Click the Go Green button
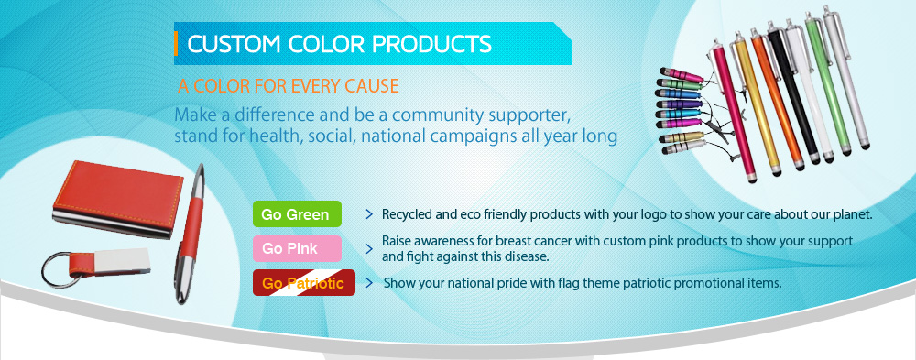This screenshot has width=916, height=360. pos(297,214)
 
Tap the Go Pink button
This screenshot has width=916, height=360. pos(297,248)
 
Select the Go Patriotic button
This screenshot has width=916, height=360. pos(304,283)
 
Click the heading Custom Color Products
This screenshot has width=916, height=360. pos(339,44)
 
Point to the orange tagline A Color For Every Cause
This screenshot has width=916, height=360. pos(288,86)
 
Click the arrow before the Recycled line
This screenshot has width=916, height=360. pos(369,214)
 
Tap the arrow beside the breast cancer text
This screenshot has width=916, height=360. pos(369,249)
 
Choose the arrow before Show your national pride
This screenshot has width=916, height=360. pos(369,283)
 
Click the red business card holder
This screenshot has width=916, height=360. pos(117,199)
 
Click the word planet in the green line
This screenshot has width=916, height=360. pos(856,215)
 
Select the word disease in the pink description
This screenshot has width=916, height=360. pos(529,256)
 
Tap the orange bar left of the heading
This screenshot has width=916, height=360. pos(175,44)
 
